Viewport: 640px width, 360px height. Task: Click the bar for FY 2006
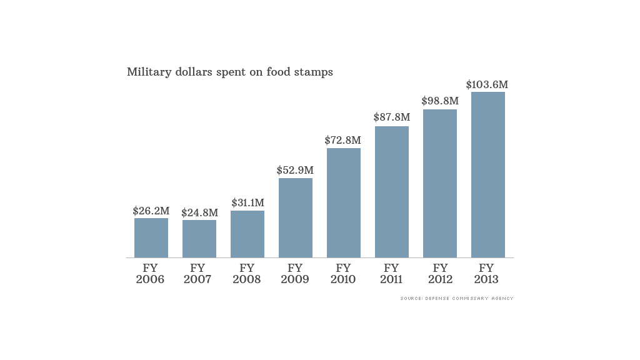151,237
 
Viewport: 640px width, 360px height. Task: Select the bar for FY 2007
199,239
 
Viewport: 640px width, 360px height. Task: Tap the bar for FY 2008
247,234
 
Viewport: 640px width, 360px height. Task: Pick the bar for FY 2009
296,217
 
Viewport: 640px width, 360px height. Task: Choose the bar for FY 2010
344,202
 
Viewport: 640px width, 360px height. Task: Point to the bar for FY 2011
392,192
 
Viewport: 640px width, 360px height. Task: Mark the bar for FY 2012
440,183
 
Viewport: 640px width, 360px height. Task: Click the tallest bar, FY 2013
488,174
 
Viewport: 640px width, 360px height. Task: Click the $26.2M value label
151,211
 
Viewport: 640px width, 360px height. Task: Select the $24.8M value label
199,213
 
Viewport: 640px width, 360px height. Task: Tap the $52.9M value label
296,170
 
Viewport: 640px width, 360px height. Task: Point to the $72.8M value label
343,141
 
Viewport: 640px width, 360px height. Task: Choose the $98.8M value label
440,101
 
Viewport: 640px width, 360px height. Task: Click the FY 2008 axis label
247,274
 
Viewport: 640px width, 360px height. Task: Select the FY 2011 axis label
392,274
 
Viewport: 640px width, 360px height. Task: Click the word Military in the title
147,72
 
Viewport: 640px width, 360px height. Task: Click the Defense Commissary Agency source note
457,299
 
